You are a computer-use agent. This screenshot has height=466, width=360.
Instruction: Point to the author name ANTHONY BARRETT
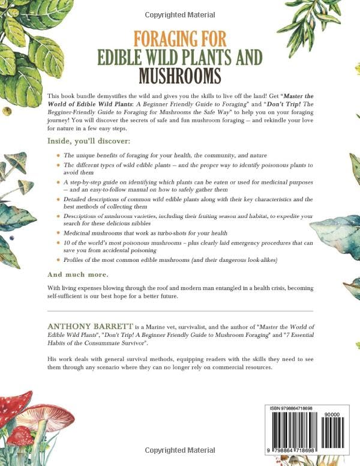(x=86, y=325)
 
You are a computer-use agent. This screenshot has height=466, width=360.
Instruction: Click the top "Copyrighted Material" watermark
(x=179, y=13)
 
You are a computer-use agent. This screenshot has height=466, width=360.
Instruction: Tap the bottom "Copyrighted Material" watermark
(x=179, y=450)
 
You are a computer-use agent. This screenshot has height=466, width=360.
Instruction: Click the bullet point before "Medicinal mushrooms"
(x=58, y=232)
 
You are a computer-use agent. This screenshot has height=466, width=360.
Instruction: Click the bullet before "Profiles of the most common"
(x=58, y=259)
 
